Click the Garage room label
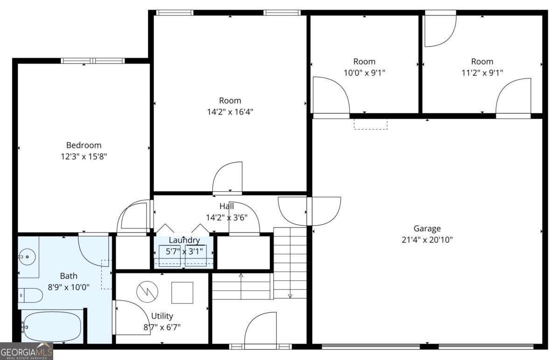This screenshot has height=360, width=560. click(427, 228)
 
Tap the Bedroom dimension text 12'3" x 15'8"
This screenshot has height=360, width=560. click(84, 157)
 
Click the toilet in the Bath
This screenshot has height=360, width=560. click(30, 295)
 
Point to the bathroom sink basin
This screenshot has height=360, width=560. click(27, 256)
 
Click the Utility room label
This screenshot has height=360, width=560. click(162, 316)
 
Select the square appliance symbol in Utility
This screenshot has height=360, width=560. click(182, 293)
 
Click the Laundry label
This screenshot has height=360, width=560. click(184, 241)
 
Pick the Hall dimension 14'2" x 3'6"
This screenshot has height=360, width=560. click(226, 217)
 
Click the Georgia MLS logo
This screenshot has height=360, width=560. click(26, 351)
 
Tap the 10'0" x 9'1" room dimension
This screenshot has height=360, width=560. click(364, 73)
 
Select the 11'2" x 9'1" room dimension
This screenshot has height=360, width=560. click(482, 73)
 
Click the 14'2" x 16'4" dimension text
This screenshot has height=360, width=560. click(230, 112)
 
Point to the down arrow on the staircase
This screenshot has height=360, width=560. click(290, 295)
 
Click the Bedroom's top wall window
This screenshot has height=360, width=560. click(93, 61)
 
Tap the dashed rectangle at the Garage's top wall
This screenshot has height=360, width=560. click(371, 124)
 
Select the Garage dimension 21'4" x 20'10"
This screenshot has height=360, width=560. click(427, 240)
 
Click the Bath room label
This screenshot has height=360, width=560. click(69, 276)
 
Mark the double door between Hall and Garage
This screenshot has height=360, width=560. click(309, 211)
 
